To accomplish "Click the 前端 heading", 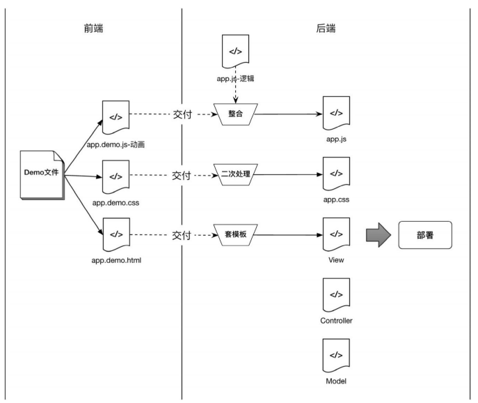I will tap(93, 29).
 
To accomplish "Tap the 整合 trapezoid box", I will tap(236, 114).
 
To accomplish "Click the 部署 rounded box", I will tap(425, 235).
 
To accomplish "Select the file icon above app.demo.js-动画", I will tap(114, 114).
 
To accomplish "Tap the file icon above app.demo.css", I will tap(114, 174).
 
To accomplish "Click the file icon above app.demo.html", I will tap(114, 235).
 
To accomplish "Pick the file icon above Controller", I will tap(335, 295).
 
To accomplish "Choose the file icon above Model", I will tap(335, 356).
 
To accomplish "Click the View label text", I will tap(335, 259).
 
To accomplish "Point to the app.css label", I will tap(335, 199).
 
